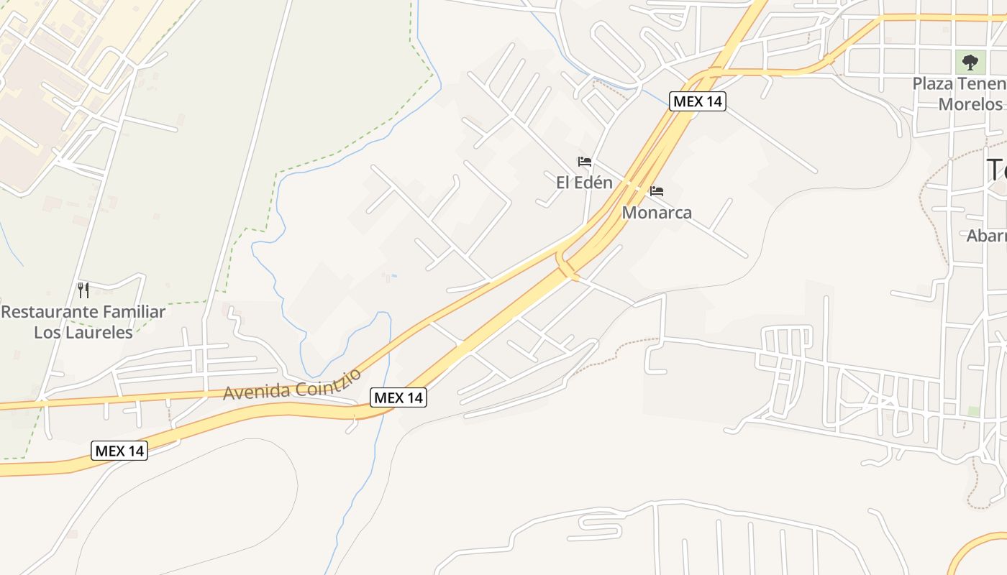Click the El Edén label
pos(584,183)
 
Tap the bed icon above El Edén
pos(585,162)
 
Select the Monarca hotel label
pos(657,213)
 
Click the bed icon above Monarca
pos(656,191)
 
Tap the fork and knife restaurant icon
pos(83,290)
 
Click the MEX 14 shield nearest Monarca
pos(697,101)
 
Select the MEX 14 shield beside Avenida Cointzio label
pos(398,397)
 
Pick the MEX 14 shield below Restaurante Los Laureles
pos(120,451)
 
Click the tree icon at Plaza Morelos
pos(970,62)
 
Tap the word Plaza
pos(932,83)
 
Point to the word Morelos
pos(970,104)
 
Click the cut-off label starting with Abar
pos(987,236)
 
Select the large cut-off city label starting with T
pos(996,171)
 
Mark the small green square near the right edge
pos(973,411)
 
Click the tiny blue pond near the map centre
pos(393,275)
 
